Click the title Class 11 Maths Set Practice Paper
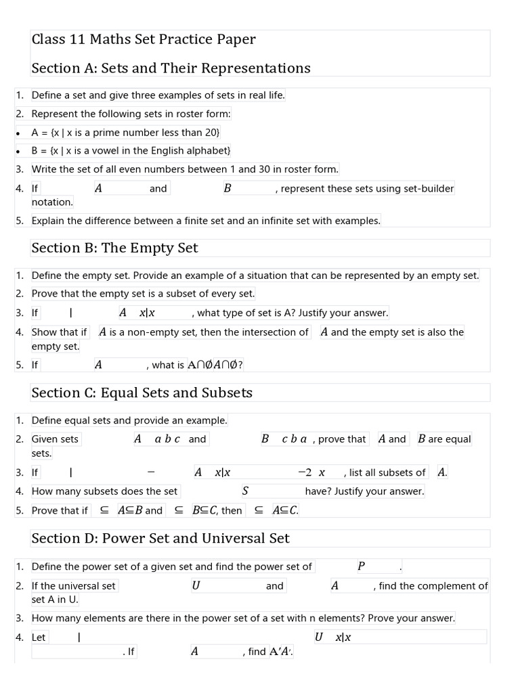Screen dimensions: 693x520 pos(144,39)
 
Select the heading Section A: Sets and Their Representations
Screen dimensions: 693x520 pos(171,68)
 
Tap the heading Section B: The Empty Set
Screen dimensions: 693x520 pos(114,248)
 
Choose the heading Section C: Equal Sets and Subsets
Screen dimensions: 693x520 pos(142,393)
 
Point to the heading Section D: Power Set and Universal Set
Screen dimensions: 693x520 pos(160,538)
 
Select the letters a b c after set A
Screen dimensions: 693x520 pos(167,439)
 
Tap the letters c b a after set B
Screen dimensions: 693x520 pos(294,439)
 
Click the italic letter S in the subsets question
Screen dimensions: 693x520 pos(245,491)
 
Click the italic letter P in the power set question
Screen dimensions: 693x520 pos(361,566)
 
